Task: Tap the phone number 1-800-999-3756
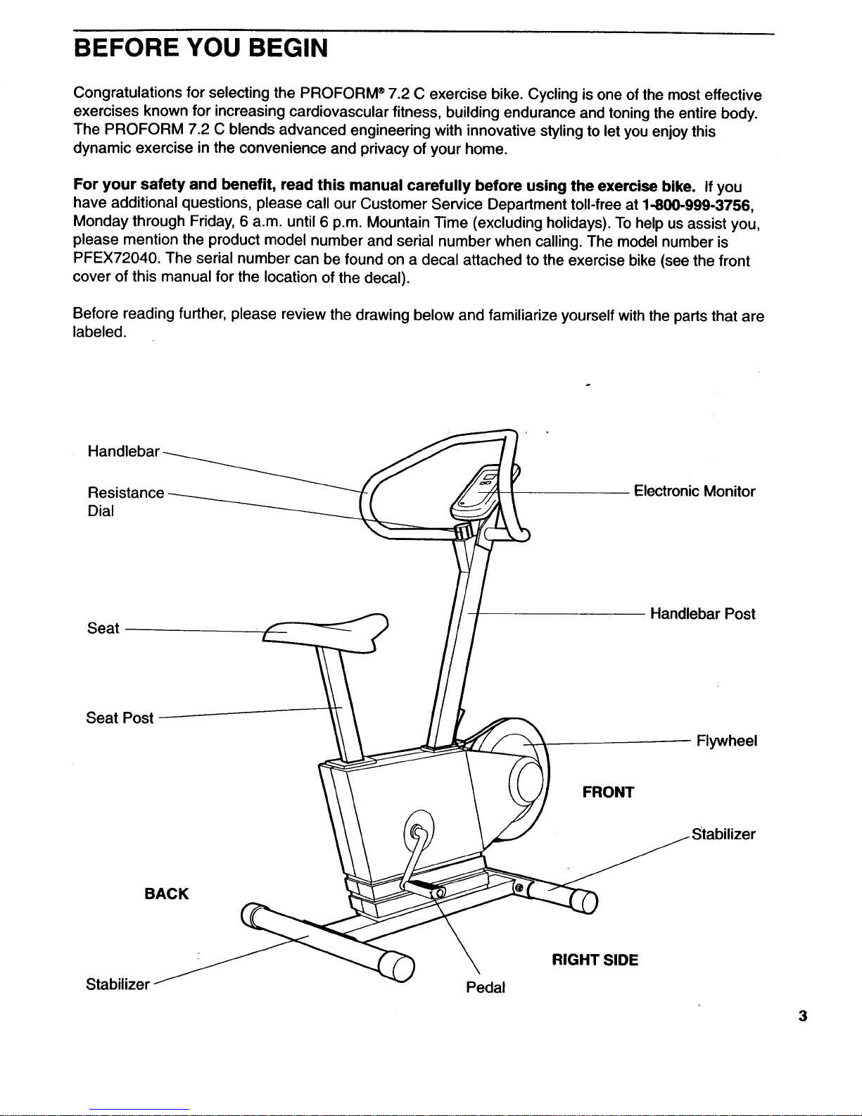699,206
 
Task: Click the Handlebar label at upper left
124,451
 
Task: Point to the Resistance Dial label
125,501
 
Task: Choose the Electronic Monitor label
694,491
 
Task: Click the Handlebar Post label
702,614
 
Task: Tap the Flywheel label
725,741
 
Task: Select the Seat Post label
120,718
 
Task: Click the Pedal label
486,987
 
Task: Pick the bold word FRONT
608,793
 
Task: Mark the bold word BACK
166,894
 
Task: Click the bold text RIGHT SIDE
595,960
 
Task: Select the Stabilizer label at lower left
118,984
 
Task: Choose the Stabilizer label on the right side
723,835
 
